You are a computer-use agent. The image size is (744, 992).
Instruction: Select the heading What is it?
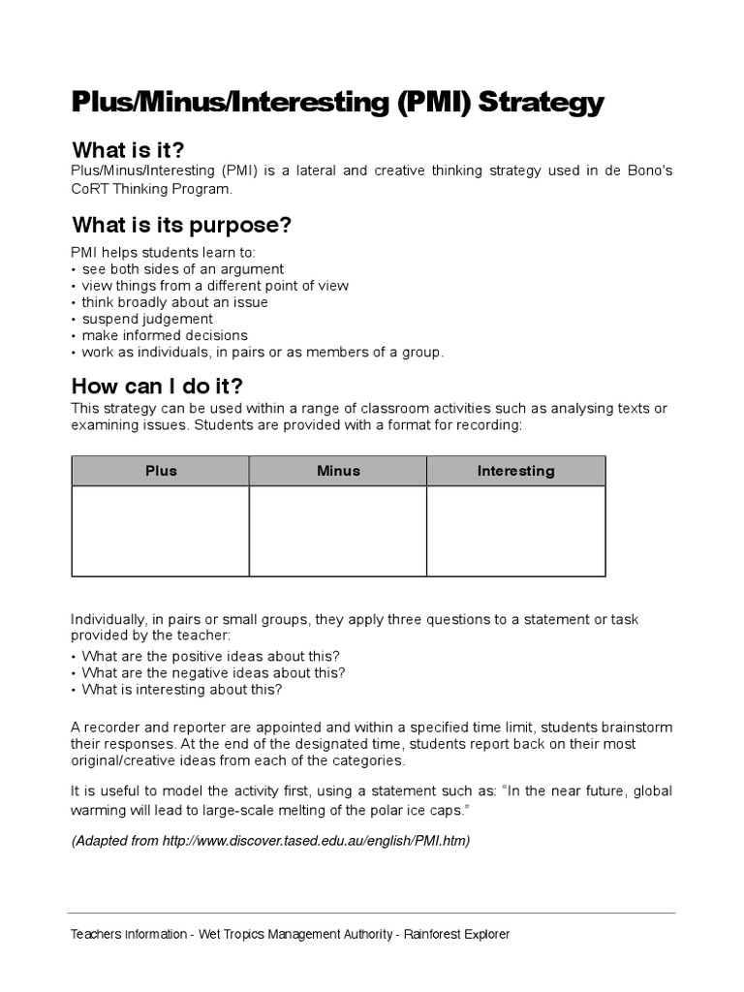click(128, 150)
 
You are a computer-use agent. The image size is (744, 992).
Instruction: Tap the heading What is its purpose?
click(181, 226)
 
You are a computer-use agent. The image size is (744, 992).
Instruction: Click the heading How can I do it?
click(157, 386)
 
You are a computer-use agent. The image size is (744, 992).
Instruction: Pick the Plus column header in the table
click(161, 471)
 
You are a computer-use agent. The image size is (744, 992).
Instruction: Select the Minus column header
click(338, 471)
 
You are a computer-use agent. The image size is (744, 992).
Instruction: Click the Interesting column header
click(515, 471)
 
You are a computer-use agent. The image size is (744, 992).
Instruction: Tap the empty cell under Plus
click(161, 531)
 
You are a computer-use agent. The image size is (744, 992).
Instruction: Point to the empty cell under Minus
click(338, 531)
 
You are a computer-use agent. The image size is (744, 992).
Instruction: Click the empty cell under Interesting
click(515, 531)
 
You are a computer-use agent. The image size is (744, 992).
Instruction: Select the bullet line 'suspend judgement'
click(146, 319)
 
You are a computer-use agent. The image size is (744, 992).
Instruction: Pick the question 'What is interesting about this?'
click(181, 690)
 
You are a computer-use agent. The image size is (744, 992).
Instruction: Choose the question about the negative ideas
click(213, 672)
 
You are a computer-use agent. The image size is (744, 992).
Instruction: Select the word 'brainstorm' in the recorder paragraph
click(635, 728)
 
